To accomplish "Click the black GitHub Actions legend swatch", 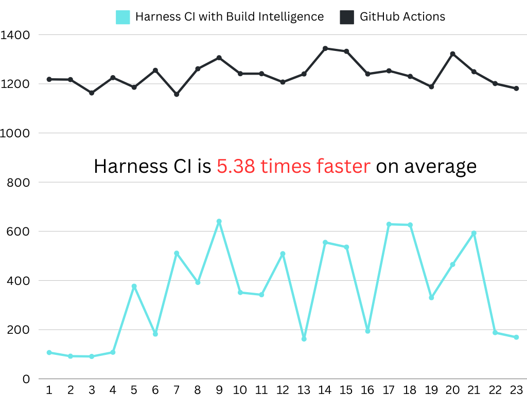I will (347, 17).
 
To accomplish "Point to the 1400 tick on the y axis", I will (15, 35).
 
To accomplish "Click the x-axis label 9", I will (219, 389).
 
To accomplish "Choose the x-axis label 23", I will (516, 389).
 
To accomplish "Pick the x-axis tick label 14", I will (325, 389).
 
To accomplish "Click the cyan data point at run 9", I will (219, 222).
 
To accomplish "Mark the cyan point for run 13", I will (304, 339).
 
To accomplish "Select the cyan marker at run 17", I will (389, 224).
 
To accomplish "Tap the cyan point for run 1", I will (49, 352).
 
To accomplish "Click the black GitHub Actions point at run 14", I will (325, 48).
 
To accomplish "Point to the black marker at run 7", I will (177, 94).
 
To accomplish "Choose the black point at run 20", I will (452, 54).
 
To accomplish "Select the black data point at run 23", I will (516, 88).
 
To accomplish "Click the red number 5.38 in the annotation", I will (235, 167).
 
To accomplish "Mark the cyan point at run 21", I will (473, 234).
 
